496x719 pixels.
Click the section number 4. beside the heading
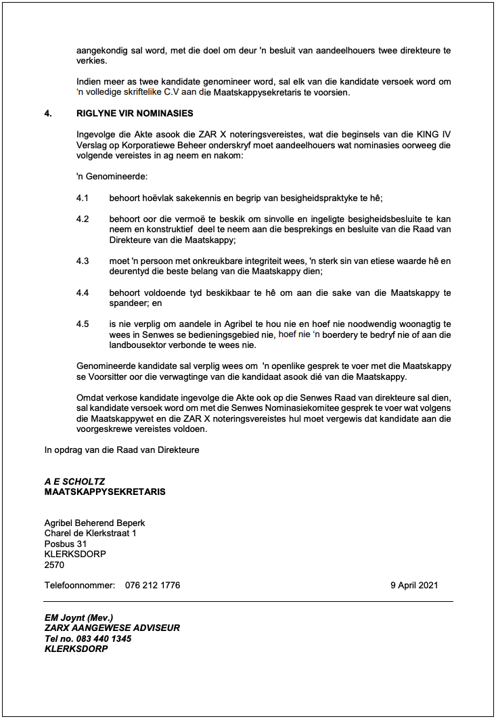click(x=48, y=113)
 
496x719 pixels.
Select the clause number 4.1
click(x=83, y=198)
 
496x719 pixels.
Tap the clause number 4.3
click(x=83, y=261)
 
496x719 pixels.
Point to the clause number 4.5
click(x=83, y=324)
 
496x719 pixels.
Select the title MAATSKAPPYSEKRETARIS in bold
click(x=105, y=492)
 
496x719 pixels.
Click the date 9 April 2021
click(x=414, y=585)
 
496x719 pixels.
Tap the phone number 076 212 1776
click(x=152, y=585)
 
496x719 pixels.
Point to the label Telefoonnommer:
click(x=80, y=585)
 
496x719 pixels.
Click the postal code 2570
click(x=54, y=565)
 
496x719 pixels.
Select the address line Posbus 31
click(x=66, y=544)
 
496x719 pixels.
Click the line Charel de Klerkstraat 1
click(x=90, y=533)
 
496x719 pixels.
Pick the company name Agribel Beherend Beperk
click(x=95, y=523)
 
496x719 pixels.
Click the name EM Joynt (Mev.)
click(x=78, y=617)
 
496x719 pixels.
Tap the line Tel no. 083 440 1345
click(x=88, y=638)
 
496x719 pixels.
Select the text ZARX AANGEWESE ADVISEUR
click(x=112, y=628)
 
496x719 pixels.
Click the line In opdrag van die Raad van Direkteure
click(x=122, y=450)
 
